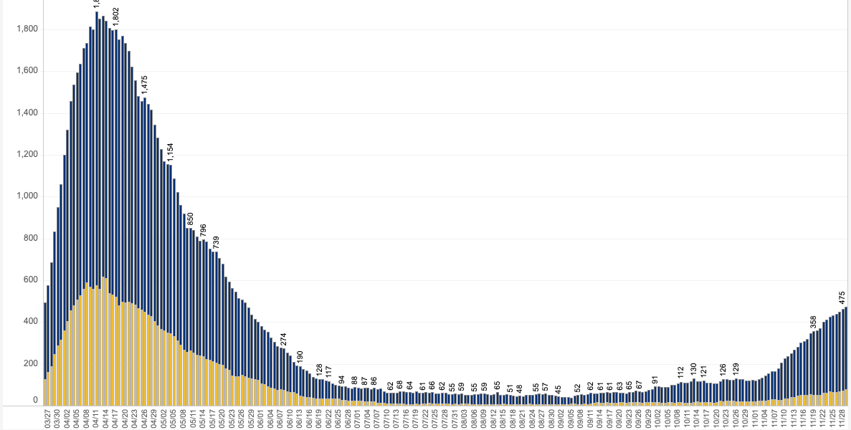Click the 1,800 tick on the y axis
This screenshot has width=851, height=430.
coord(27,29)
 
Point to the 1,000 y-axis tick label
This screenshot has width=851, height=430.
coord(27,196)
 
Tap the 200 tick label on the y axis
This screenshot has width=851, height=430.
coord(31,363)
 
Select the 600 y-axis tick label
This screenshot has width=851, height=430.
coord(31,279)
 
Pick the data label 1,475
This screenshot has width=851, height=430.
coord(144,85)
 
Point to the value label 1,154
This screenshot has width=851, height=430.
coord(170,152)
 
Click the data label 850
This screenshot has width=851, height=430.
coord(190,219)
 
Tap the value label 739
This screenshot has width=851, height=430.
coord(216,242)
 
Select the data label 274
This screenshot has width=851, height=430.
coord(283,339)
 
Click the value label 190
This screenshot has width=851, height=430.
coord(300,357)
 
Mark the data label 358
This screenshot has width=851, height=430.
coord(813,322)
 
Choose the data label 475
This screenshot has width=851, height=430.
coord(842,297)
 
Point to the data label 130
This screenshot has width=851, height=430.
coord(693,369)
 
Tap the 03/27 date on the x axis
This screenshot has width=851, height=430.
coord(48,418)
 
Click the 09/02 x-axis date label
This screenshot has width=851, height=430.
coord(561,418)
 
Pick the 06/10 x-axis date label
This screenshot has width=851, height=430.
coord(290,418)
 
